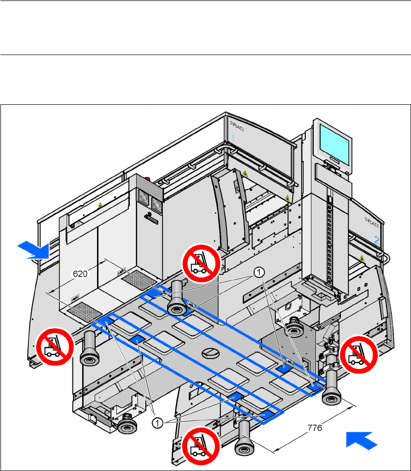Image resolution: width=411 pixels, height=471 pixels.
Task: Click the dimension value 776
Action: click(314, 428)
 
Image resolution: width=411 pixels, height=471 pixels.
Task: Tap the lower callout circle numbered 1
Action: click(157, 423)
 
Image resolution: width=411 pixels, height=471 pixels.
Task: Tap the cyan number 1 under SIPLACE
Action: click(232, 138)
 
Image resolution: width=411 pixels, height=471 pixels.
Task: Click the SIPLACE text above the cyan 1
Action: click(236, 123)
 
